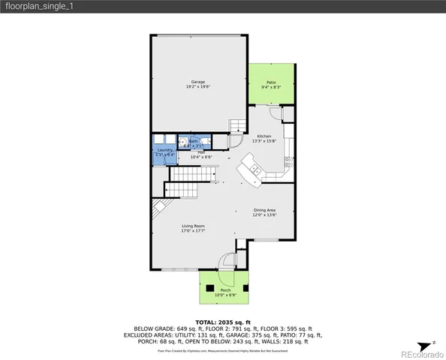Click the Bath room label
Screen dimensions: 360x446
click(193, 142)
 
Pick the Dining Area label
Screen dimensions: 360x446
click(264, 211)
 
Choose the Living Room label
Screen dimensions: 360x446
click(193, 227)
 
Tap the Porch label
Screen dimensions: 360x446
click(225, 291)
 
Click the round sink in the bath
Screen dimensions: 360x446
click(183, 140)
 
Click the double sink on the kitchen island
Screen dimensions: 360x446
click(256, 173)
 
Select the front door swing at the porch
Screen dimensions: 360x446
click(226, 262)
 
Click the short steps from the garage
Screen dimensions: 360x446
click(238, 124)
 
